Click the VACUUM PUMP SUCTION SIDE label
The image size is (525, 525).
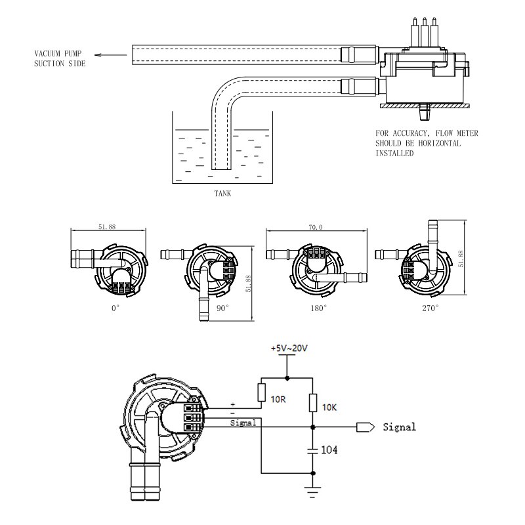60,59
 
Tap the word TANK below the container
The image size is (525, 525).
222,194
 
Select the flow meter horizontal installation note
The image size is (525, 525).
427,143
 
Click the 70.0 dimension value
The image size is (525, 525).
316,227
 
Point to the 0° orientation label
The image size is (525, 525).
115,307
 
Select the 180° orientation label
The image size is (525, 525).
319,307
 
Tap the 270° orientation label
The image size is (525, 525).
430,307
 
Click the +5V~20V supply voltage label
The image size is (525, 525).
289,348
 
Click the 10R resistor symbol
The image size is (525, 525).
262,393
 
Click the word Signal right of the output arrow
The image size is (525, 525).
399,427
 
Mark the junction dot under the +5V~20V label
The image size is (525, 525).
287,378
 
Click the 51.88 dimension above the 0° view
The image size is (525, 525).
108,227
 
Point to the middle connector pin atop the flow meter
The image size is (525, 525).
425,29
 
